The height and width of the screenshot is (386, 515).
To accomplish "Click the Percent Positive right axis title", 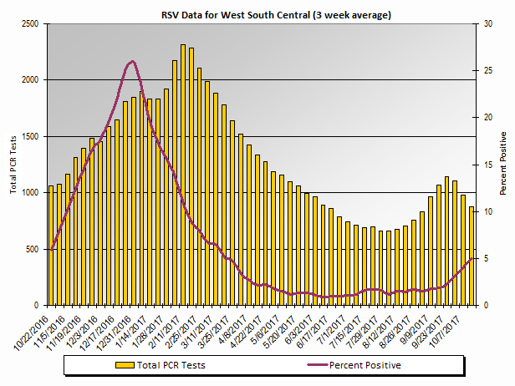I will tap(503, 163).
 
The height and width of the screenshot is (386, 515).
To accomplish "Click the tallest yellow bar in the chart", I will tap(183, 175).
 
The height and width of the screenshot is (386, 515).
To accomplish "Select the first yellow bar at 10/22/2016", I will tap(51, 246).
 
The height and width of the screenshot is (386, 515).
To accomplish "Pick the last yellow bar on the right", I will tap(472, 256).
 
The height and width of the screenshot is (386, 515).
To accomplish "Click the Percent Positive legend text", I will tap(365, 365).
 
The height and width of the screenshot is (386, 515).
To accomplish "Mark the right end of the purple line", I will tap(475, 258).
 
